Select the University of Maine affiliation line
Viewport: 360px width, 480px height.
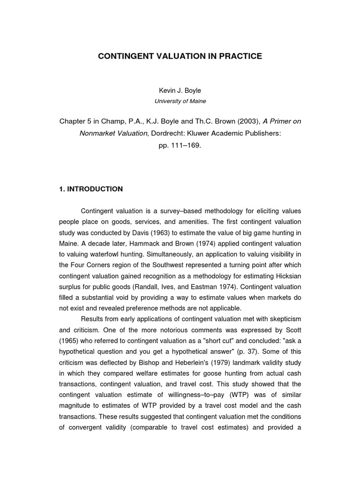(x=180, y=101)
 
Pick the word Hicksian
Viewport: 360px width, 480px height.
(x=287, y=276)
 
